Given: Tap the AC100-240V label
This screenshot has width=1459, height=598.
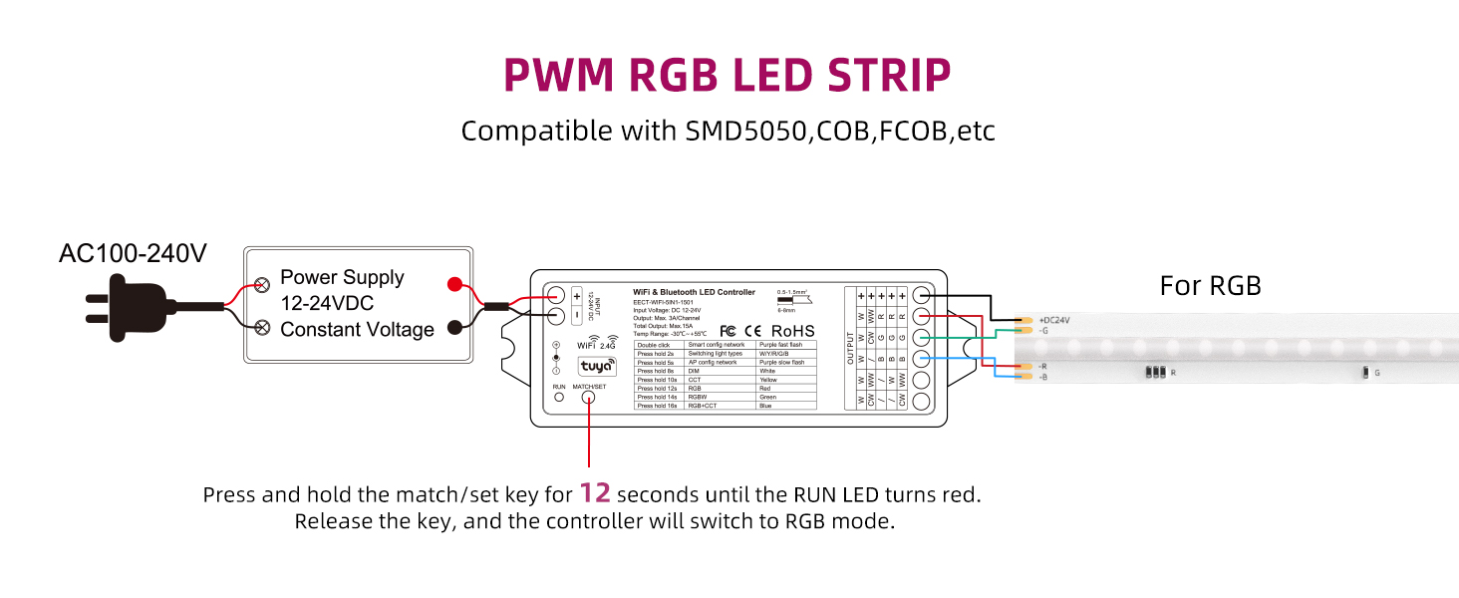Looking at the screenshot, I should [133, 254].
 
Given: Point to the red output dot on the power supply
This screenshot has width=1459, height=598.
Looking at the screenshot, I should [455, 284].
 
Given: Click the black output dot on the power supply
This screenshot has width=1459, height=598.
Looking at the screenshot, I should [455, 327].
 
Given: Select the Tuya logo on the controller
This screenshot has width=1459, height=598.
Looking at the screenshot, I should [597, 366].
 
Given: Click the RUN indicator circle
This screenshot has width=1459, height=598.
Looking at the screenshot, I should [559, 397].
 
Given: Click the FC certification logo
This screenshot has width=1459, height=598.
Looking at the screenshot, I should [728, 331].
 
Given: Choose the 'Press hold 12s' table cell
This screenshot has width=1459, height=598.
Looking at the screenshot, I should [657, 389].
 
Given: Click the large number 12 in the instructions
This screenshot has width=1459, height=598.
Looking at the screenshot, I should [595, 493].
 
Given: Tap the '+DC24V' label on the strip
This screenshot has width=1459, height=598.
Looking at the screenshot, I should [1054, 320].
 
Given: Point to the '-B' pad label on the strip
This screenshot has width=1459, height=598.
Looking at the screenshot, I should [1043, 378].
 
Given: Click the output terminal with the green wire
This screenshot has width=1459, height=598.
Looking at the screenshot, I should [922, 338].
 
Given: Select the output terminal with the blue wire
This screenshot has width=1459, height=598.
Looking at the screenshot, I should [922, 359].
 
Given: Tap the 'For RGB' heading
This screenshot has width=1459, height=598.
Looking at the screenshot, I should [1210, 286].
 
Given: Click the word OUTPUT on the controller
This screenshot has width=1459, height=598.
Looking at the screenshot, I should [851, 348].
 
